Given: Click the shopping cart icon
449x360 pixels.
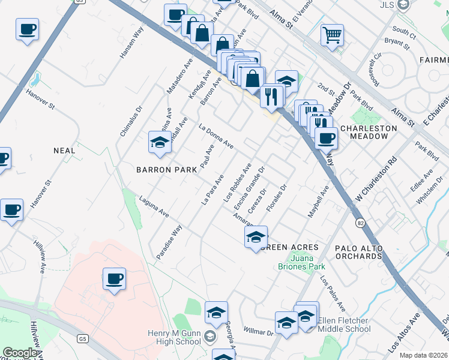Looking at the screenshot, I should pyautogui.click(x=331, y=35).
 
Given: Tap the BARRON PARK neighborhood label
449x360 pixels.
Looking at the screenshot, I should pyautogui.click(x=166, y=170).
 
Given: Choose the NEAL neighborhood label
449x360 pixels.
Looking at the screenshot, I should pyautogui.click(x=64, y=151).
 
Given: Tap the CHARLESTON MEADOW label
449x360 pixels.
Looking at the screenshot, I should pyautogui.click(x=369, y=132).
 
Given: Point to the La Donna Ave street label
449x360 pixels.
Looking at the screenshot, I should pyautogui.click(x=216, y=136).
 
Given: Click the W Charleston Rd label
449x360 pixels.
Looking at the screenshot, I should pyautogui.click(x=377, y=178).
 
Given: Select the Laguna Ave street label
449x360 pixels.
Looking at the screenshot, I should pyautogui.click(x=154, y=206).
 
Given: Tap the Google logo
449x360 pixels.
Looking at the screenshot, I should pyautogui.click(x=20, y=353).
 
